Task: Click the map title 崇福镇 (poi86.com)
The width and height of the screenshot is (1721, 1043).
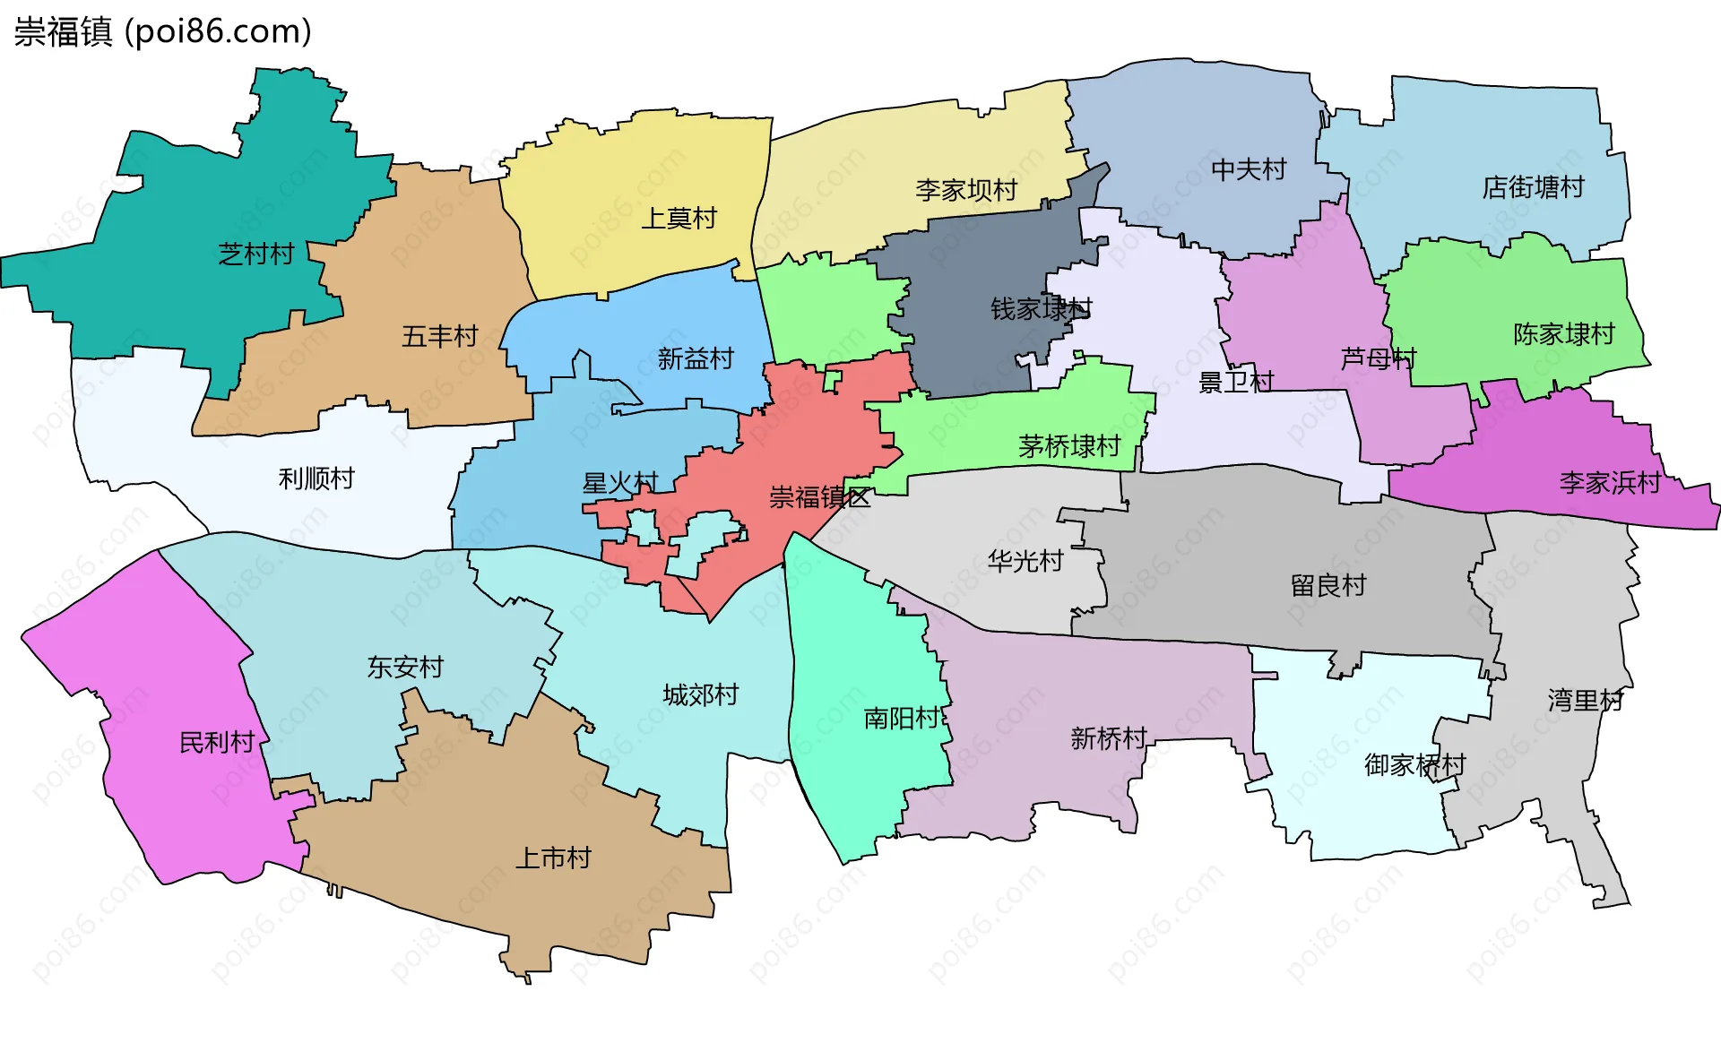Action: coord(162,31)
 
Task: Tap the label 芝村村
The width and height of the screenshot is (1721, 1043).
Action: coord(256,254)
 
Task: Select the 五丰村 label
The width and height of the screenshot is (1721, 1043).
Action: coord(439,337)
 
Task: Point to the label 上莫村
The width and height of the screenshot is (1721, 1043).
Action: coord(679,219)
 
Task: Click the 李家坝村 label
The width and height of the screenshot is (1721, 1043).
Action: coord(966,190)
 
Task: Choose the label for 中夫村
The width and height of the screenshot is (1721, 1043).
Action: coord(1248,169)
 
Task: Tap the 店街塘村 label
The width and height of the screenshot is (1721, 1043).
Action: coord(1533,187)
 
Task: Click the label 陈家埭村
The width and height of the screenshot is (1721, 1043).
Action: coord(1563,334)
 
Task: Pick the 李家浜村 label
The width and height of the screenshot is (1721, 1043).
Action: coord(1610,483)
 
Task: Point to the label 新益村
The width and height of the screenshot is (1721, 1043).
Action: coord(696,359)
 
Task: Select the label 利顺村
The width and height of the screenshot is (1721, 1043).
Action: coord(316,478)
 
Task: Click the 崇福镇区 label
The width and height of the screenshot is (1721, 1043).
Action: coord(819,497)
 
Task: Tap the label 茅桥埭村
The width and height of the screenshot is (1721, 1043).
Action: coord(1068,446)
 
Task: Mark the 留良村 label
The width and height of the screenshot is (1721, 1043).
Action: coord(1328,586)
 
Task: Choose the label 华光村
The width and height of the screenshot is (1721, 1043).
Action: coord(1025,562)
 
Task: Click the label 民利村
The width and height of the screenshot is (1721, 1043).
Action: coord(217,743)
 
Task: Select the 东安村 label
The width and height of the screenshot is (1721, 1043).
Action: coord(405,668)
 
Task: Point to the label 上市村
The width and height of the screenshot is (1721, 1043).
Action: coord(553,858)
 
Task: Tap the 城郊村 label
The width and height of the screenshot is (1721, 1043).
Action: coord(700,695)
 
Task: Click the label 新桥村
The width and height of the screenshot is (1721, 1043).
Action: coord(1108,738)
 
